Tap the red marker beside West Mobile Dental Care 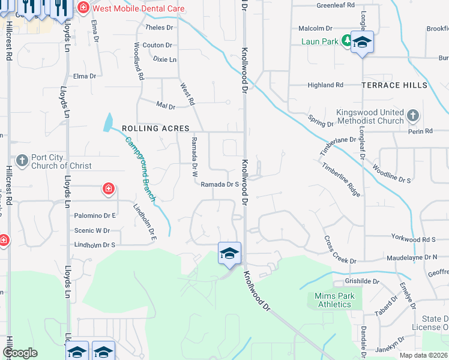(82, 8)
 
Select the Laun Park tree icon (346, 41)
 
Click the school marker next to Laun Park (362, 42)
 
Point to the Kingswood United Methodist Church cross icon (412, 115)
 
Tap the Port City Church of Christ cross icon (22, 160)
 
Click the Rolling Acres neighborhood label (155, 128)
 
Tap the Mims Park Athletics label (334, 300)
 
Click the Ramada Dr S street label (220, 184)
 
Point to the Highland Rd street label (325, 85)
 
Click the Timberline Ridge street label (340, 179)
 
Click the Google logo (20, 353)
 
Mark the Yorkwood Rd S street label (413, 238)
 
